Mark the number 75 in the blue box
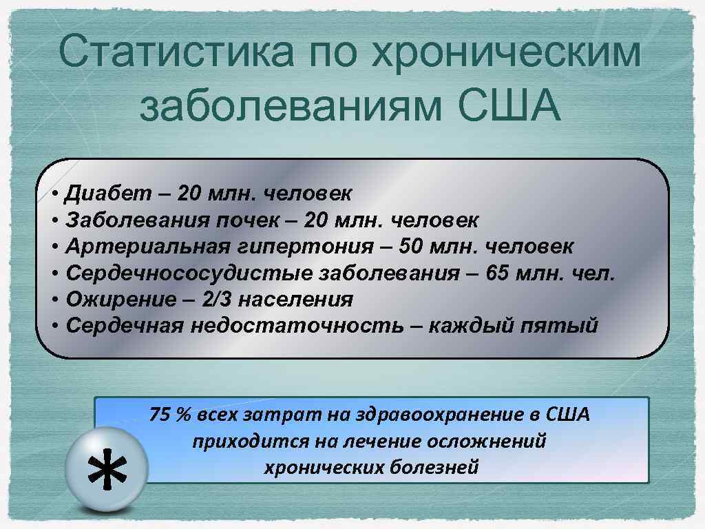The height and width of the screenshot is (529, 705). point(160,415)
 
